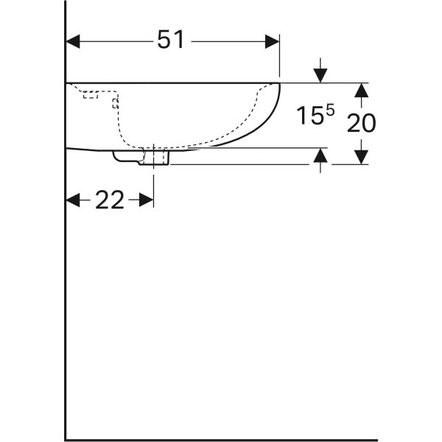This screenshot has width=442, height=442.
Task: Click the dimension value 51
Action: point(171,41)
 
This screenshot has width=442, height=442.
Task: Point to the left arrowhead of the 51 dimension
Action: point(73,41)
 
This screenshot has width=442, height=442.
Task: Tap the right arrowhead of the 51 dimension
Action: point(273,41)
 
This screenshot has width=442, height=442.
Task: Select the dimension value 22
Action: point(109,200)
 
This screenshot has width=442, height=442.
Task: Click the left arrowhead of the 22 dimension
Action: point(73,200)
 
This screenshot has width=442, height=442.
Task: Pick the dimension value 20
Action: point(361,122)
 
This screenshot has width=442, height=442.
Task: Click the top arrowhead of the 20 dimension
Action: point(361,90)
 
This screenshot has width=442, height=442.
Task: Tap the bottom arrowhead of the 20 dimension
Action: point(361,157)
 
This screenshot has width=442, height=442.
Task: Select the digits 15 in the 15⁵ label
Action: point(309,116)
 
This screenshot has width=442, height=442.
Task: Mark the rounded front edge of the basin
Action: point(276,110)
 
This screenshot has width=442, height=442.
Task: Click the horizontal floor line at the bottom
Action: point(221,440)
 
